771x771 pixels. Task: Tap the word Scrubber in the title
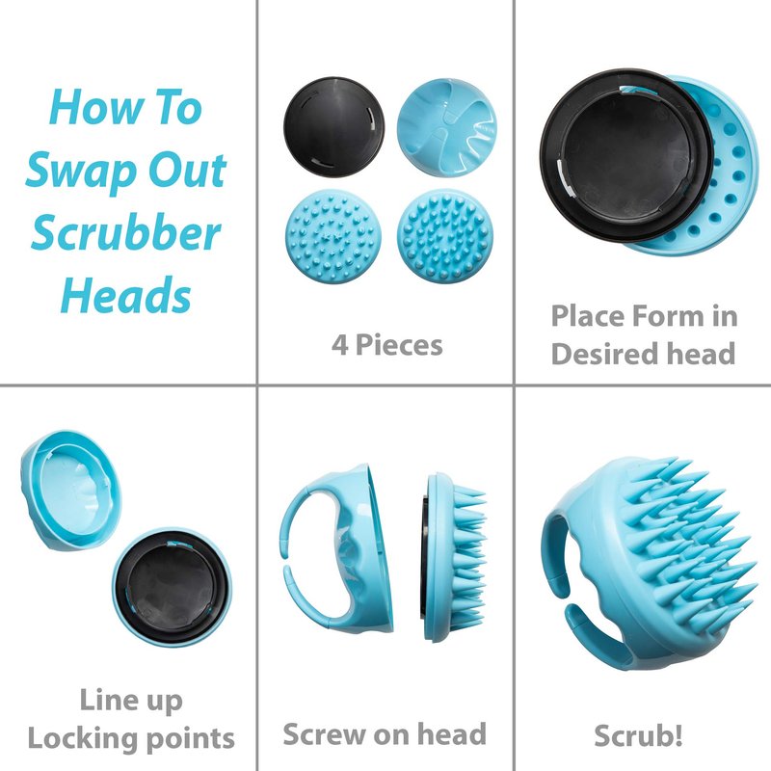[x=126, y=232]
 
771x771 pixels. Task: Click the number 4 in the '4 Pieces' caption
[x=340, y=345]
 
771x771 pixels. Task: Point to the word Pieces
[x=399, y=345]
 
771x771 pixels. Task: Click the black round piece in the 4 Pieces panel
[x=333, y=126]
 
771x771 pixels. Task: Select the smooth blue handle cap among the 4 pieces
[x=447, y=127]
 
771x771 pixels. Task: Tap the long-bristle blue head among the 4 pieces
[x=445, y=236]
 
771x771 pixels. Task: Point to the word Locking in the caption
[x=83, y=738]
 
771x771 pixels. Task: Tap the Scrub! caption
[x=638, y=735]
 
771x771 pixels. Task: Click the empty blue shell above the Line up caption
[x=71, y=491]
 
